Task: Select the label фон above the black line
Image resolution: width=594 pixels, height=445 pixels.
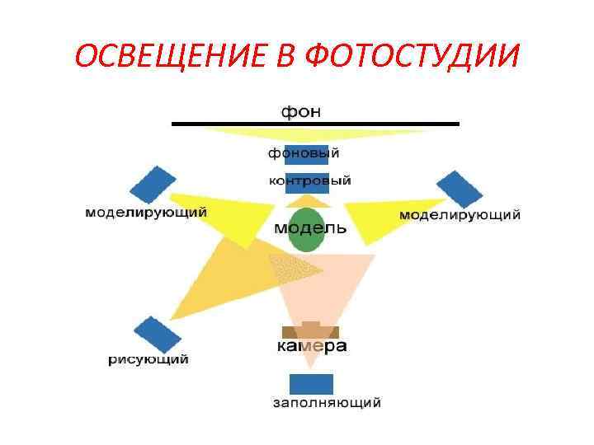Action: click(x=302, y=110)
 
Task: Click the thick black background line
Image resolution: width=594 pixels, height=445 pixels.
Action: click(x=314, y=124)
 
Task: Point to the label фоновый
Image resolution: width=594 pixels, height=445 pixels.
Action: click(x=304, y=152)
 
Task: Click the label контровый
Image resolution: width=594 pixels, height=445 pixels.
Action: click(x=310, y=180)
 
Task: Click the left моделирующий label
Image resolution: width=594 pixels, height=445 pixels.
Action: click(x=146, y=213)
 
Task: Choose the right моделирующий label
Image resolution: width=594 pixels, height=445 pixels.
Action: click(x=460, y=215)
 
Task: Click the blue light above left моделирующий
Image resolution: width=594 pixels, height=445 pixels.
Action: click(x=153, y=185)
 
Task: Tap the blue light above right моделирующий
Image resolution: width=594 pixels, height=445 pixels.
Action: click(x=460, y=189)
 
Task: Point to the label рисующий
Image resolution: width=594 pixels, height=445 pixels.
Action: click(x=148, y=359)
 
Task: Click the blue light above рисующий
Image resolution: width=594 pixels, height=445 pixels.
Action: click(x=157, y=335)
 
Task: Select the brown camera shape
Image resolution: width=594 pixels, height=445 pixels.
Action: click(x=310, y=331)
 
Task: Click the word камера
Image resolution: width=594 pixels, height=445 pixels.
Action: click(x=311, y=346)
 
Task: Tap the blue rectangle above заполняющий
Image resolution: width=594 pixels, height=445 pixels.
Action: click(x=311, y=384)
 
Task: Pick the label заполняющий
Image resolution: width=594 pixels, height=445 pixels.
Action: click(x=327, y=403)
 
